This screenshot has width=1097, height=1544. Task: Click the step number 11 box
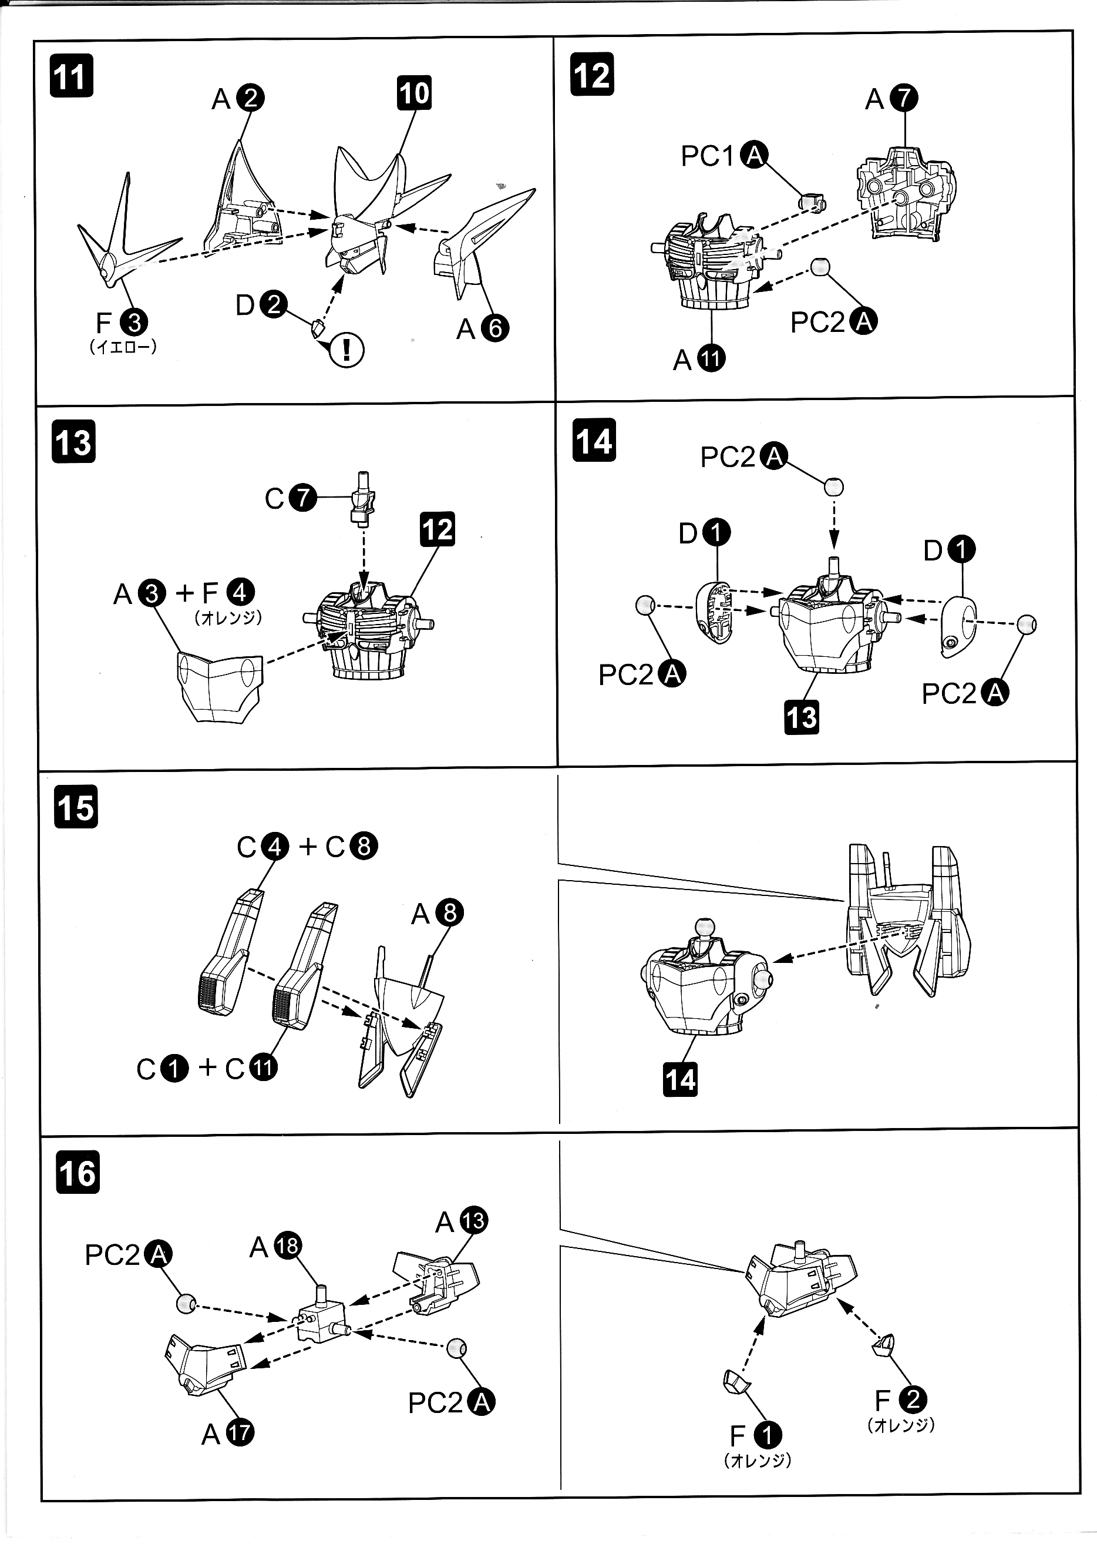[x=71, y=76]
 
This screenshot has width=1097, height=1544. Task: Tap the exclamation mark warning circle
[x=346, y=350]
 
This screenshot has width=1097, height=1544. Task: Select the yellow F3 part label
[x=122, y=323]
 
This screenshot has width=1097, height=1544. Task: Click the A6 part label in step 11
[x=482, y=329]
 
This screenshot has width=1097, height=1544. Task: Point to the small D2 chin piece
[x=318, y=330]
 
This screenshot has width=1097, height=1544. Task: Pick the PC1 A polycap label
[x=723, y=156]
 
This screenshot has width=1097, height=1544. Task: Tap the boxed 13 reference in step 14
[x=802, y=717]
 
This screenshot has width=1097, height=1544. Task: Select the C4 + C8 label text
[x=307, y=846]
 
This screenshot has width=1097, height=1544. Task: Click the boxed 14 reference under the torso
[x=680, y=1079]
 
